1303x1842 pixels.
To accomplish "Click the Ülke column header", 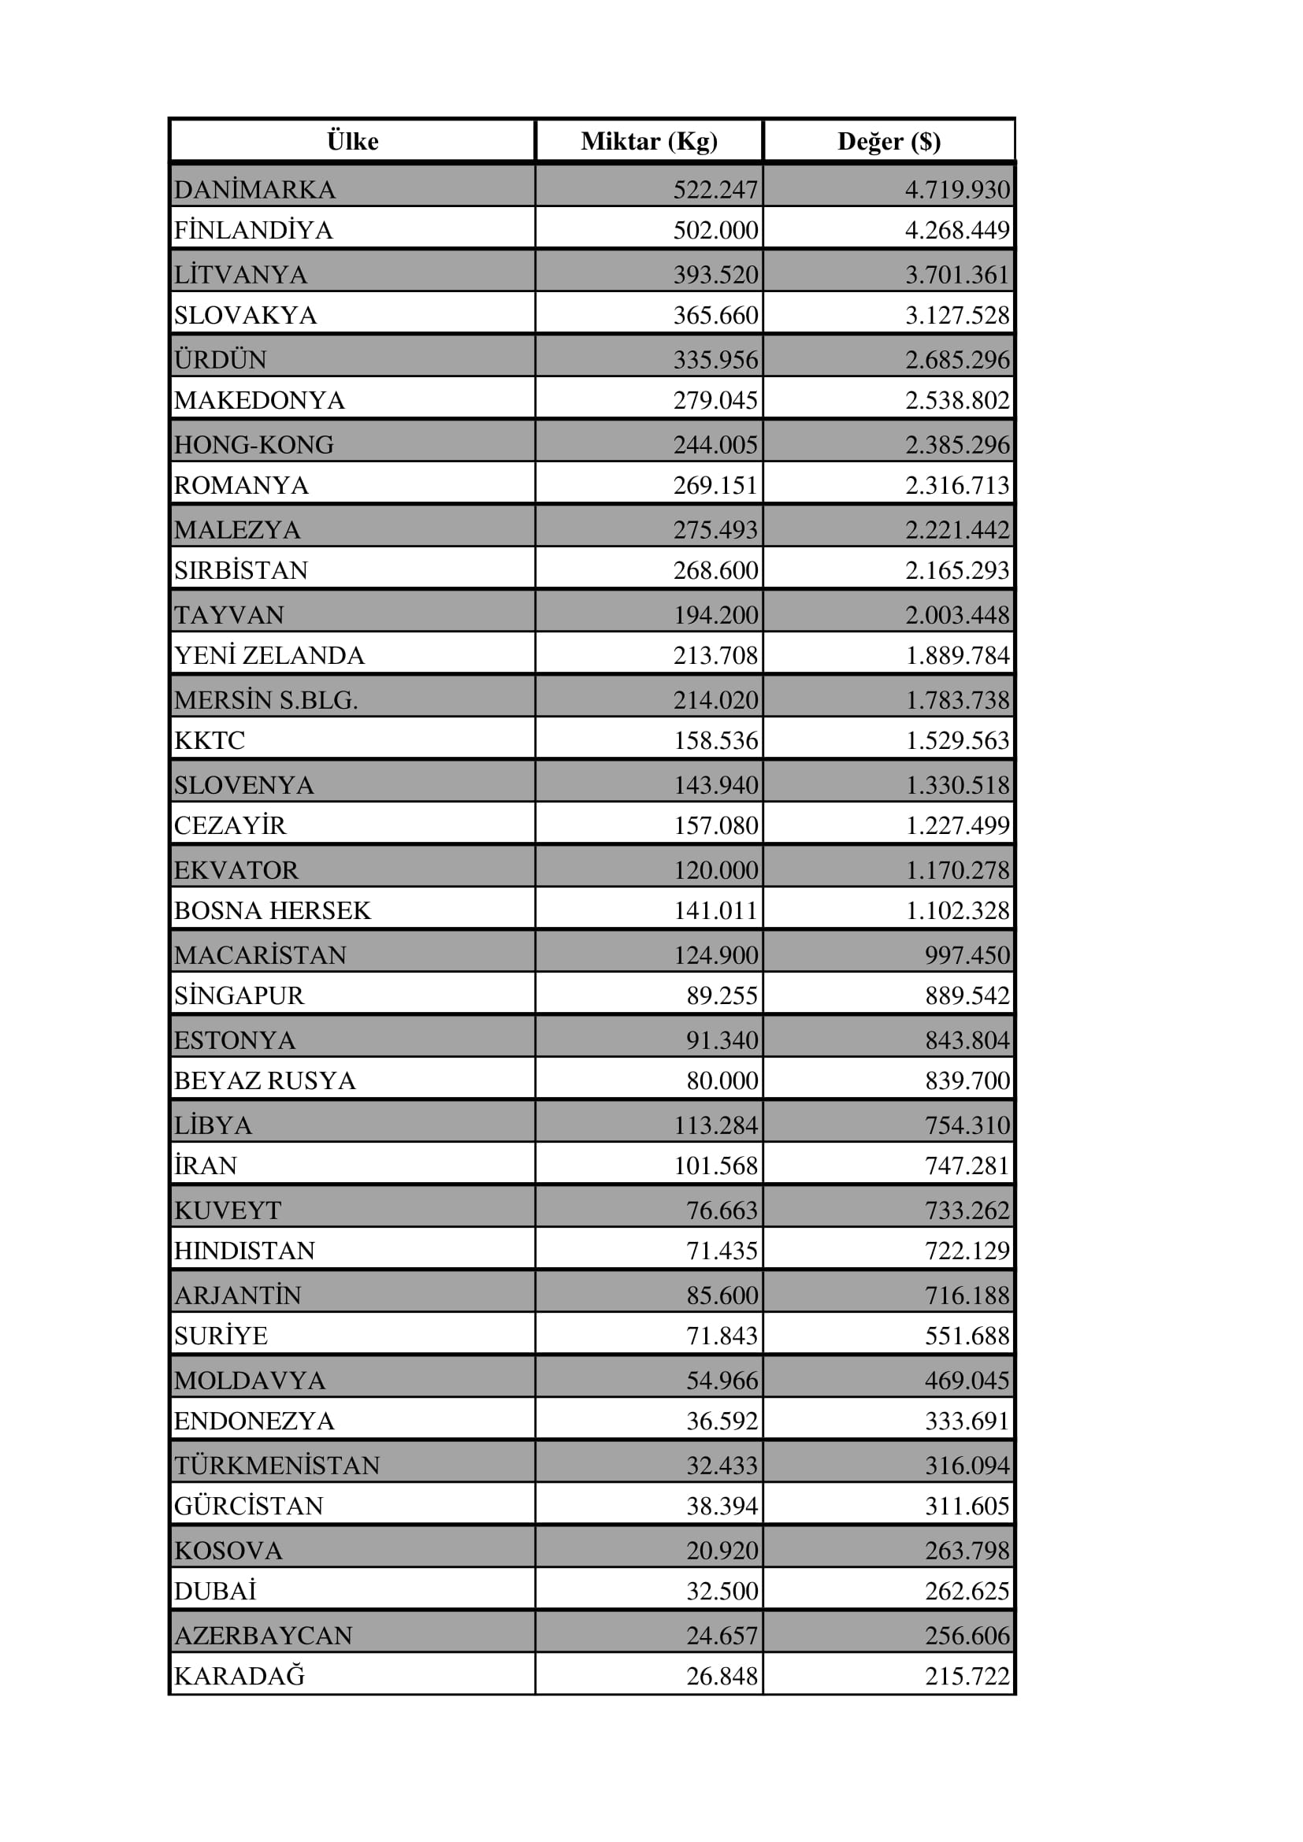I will pos(352,141).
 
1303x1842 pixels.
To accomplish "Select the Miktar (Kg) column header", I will pos(648,141).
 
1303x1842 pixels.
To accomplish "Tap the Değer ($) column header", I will pos(888,141).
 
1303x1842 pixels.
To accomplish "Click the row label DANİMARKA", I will pos(254,189).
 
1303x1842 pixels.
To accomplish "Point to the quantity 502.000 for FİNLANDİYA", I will pos(715,230).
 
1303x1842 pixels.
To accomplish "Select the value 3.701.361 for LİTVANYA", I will pos(956,274).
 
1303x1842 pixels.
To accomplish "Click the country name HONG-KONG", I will pos(254,444).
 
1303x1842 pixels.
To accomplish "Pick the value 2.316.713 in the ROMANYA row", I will pos(956,485).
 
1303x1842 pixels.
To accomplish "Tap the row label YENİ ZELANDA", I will pos(269,655).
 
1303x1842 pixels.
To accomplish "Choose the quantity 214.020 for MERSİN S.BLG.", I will pos(715,699).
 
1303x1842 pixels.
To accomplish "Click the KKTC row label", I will pos(210,739).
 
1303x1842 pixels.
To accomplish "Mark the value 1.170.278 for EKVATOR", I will pos(956,869).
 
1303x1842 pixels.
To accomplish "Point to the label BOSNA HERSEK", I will pos(272,910).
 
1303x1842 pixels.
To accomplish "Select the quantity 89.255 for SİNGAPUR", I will pos(722,995).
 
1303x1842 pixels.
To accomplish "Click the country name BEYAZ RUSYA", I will pos(265,1080).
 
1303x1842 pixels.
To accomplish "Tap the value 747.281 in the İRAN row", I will pos(966,1165).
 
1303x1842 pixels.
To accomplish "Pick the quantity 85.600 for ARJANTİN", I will pos(722,1295).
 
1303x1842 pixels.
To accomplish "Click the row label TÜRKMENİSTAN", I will pos(277,1465).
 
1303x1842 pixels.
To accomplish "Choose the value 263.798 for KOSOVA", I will pos(966,1550).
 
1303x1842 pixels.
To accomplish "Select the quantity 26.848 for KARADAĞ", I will pos(722,1675).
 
